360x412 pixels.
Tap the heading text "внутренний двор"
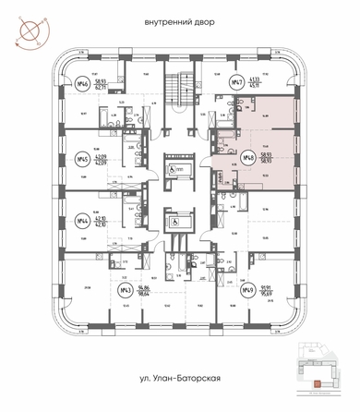pyautogui.click(x=179, y=21)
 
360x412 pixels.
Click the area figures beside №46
pyautogui.click(x=101, y=83)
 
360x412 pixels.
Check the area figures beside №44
pyautogui.click(x=101, y=222)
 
